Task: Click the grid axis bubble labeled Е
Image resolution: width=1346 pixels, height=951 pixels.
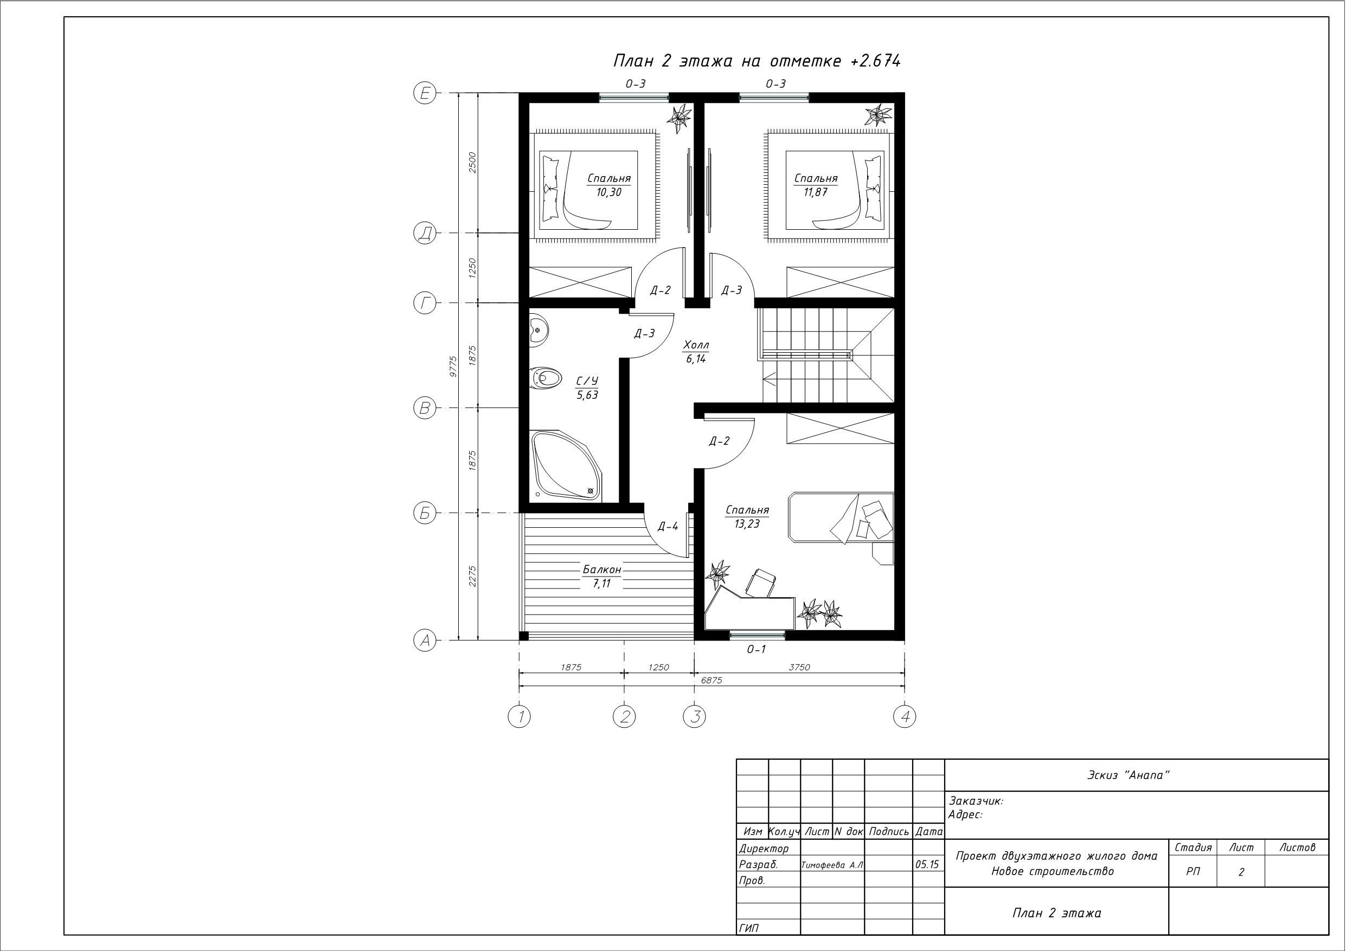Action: coord(425,93)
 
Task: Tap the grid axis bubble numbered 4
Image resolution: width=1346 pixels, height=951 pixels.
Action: coord(905,716)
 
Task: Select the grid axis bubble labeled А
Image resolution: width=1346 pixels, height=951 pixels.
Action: coord(425,641)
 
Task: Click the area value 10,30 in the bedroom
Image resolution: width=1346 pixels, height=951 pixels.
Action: coord(609,192)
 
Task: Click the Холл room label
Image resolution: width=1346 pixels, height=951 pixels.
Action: coord(696,345)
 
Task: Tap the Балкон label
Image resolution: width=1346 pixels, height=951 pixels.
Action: coord(601,570)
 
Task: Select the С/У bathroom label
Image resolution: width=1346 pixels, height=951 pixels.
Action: coord(587,381)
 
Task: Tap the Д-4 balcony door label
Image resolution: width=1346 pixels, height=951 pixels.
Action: coord(668,526)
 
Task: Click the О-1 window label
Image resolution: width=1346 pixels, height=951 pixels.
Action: coord(757,649)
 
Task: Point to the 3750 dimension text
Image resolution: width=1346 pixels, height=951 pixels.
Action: coord(799,667)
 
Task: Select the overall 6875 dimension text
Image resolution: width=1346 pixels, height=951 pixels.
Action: coord(712,680)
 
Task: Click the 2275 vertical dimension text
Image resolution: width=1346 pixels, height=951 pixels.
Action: coord(472,577)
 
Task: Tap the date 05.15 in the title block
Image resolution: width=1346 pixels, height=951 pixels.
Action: coord(927,864)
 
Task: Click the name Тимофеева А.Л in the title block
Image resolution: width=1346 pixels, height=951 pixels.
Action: coord(832,865)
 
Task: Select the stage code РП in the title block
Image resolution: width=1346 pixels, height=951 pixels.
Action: coord(1193,871)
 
